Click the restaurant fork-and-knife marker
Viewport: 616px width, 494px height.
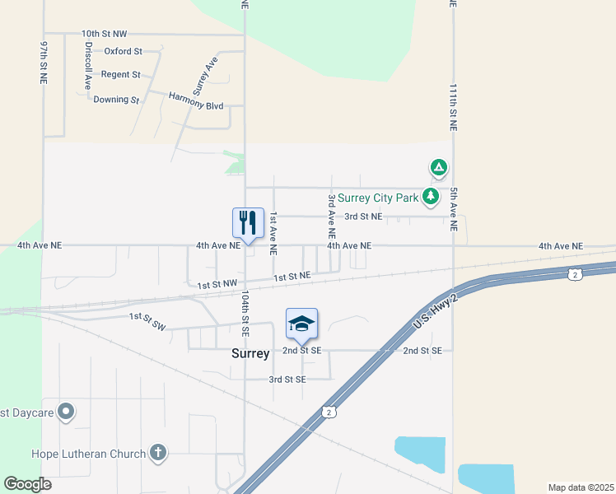pyautogui.click(x=248, y=222)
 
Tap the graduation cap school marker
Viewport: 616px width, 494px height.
pyautogui.click(x=302, y=323)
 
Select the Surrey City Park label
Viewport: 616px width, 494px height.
pyautogui.click(x=378, y=198)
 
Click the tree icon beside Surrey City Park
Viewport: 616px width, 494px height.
pyautogui.click(x=430, y=196)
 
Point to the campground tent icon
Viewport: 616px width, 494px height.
pyautogui.click(x=439, y=168)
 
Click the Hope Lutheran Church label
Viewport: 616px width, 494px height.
pyautogui.click(x=88, y=453)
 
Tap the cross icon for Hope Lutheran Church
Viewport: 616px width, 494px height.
pyautogui.click(x=157, y=453)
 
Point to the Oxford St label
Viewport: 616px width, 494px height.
pyautogui.click(x=123, y=51)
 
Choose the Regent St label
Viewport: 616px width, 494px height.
pyautogui.click(x=120, y=74)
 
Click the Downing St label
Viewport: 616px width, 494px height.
pyautogui.click(x=116, y=100)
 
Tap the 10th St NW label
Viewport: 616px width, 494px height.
pyautogui.click(x=104, y=34)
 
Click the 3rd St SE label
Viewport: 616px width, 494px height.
pyautogui.click(x=287, y=380)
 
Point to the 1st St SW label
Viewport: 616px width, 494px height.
pyautogui.click(x=147, y=320)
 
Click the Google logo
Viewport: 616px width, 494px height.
pyautogui.click(x=27, y=483)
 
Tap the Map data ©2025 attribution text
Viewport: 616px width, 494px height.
pyautogui.click(x=580, y=487)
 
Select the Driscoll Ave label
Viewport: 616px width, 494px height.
pyautogui.click(x=87, y=68)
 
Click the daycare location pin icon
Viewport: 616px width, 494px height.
pyautogui.click(x=68, y=411)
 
